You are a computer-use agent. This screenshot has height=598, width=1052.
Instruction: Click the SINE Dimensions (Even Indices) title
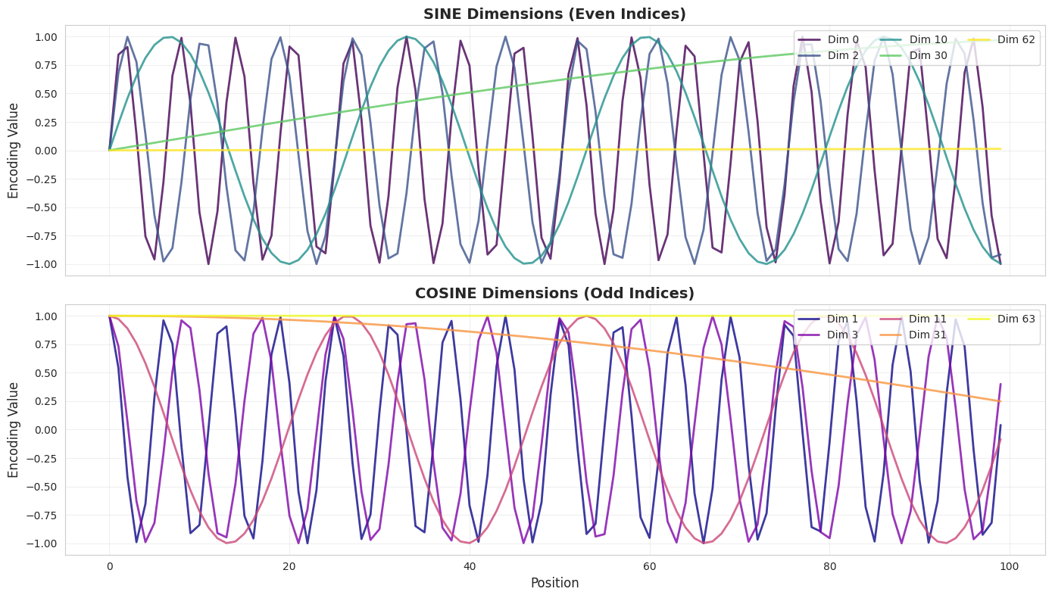coord(554,14)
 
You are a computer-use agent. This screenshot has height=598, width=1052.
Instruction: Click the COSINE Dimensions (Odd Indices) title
coord(554,293)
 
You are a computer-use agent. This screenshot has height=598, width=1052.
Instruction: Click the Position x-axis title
coord(554,583)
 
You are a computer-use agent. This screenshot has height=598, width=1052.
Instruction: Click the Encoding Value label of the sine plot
coord(14,151)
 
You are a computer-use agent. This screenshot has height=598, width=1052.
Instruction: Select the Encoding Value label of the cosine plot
coord(14,429)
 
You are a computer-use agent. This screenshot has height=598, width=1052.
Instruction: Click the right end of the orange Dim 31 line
coord(1000,401)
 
